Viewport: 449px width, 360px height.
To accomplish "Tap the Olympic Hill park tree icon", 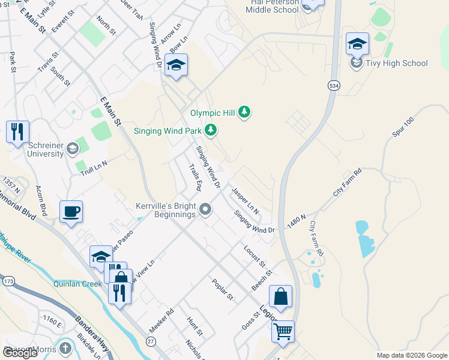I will click(244, 112).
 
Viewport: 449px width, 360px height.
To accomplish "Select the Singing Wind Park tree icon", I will click(210, 129).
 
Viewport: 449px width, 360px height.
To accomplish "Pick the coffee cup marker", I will click(71, 212).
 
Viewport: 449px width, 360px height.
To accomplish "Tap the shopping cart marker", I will click(283, 331).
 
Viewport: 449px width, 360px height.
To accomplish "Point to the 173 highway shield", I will click(8, 281).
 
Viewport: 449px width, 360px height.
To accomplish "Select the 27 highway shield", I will click(151, 341).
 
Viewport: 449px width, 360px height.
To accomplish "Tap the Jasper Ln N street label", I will click(245, 201).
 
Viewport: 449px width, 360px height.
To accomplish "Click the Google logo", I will click(20, 353).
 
